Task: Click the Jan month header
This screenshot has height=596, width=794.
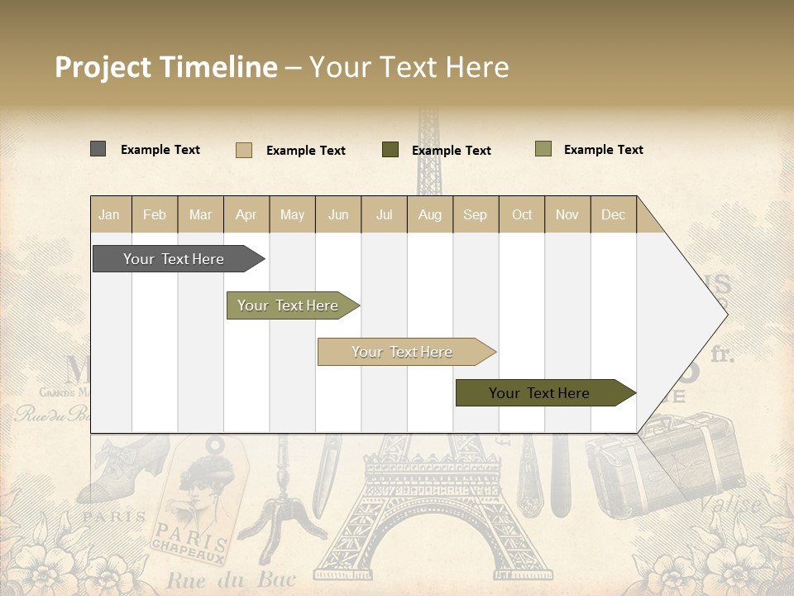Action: tap(110, 214)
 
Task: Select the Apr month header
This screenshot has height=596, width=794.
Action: tap(246, 214)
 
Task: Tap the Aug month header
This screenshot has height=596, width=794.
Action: tap(430, 214)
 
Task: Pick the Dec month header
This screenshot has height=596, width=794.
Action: tap(613, 214)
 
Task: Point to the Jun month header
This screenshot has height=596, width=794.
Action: tap(338, 214)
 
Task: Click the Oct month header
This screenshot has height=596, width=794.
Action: tap(522, 214)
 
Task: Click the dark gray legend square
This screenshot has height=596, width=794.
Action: tap(98, 149)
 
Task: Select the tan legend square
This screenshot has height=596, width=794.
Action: tap(243, 150)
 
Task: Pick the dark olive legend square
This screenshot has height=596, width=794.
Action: tap(390, 150)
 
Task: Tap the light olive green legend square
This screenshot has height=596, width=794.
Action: tap(543, 149)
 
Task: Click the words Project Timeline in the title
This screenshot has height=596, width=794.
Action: tap(165, 67)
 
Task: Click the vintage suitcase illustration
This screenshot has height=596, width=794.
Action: tap(662, 464)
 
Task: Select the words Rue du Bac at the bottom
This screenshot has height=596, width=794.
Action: tap(230, 579)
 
